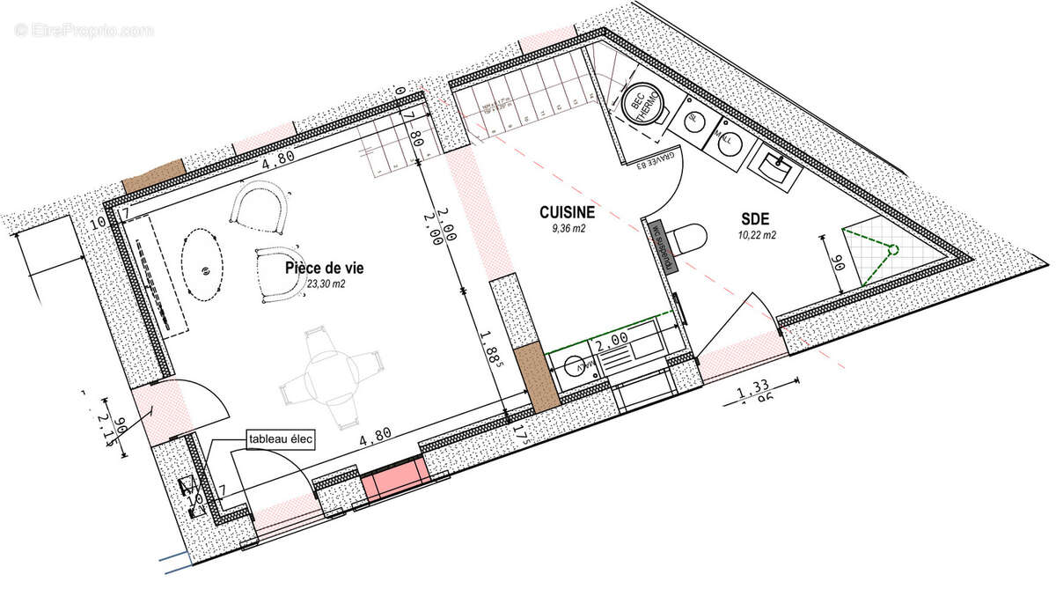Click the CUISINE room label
pos(567,212)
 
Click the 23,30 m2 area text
pos(326,284)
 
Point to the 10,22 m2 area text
pos(757,235)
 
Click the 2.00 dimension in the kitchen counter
pos(612,338)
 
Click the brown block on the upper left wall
pos(152,180)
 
